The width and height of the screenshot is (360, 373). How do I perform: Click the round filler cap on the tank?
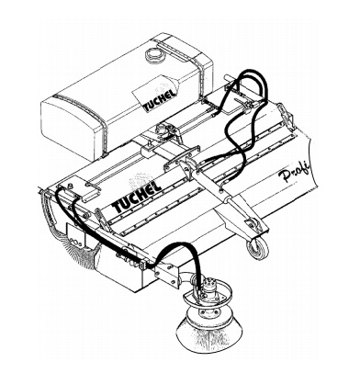click(x=152, y=54)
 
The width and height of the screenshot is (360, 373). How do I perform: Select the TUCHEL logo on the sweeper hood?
click(x=137, y=198)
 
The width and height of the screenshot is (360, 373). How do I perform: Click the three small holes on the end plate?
click(x=75, y=242)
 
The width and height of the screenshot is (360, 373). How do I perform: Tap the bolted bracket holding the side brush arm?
click(x=167, y=274)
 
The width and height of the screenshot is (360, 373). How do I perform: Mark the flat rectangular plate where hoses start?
click(x=79, y=192)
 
